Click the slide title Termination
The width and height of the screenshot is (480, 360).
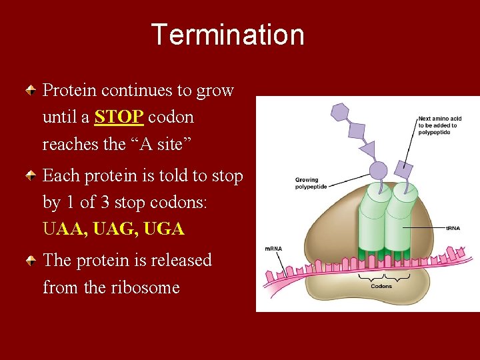tap(227, 35)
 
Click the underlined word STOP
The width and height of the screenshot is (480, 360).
tap(119, 117)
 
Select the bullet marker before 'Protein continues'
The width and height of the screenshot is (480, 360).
tap(31, 90)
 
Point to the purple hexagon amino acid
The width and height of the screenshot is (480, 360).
tap(340, 112)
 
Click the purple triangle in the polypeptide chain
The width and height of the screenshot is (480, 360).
tap(367, 149)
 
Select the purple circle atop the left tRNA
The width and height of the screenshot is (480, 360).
tap(378, 171)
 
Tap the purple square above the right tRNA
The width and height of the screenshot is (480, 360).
tap(403, 169)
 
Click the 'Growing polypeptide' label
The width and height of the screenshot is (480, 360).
tap(307, 183)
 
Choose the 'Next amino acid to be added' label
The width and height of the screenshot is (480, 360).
tap(438, 125)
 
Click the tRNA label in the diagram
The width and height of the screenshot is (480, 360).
tap(453, 229)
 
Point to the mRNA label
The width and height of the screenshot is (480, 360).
tap(273, 249)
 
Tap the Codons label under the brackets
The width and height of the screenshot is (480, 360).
tap(381, 287)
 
